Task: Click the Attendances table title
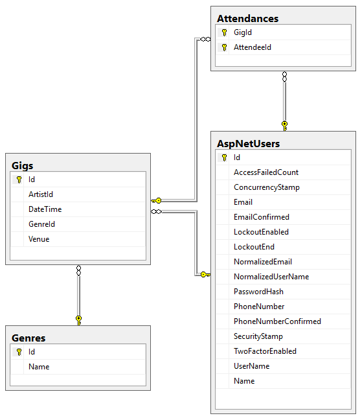[247, 18]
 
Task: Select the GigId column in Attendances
[243, 32]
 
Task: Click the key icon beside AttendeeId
[224, 47]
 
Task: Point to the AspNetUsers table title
[249, 143]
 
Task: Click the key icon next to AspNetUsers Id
[224, 157]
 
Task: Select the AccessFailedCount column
[265, 172]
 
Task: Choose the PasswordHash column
[258, 292]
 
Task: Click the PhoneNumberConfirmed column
[277, 321]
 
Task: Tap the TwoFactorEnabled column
[265, 351]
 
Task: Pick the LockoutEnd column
[254, 247]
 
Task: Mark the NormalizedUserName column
[271, 277]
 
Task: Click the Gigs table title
[23, 165]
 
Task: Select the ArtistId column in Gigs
[40, 194]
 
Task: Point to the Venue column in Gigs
[39, 239]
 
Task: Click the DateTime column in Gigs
[45, 209]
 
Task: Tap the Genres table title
[28, 338]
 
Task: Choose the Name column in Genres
[39, 367]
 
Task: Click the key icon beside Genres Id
[19, 352]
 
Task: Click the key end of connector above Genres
[78, 319]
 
